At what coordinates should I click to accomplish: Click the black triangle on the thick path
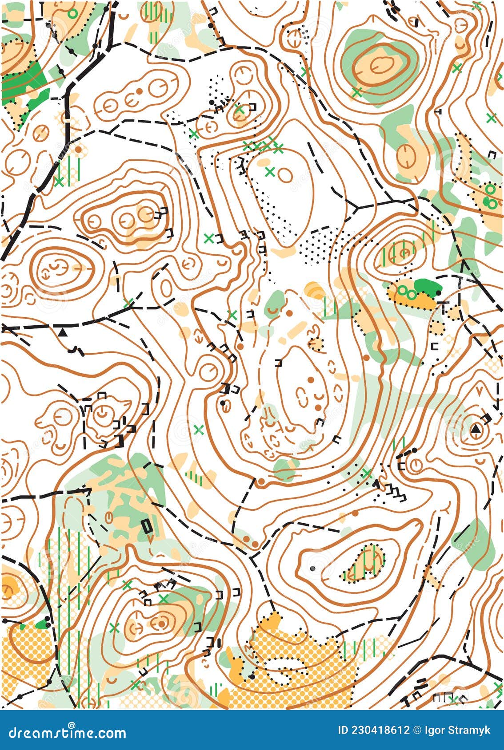63,332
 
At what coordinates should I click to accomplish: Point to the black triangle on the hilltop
476,429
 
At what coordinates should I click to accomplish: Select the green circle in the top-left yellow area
72,14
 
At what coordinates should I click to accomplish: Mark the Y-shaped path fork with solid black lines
356,207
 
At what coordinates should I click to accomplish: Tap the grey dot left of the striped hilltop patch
313,568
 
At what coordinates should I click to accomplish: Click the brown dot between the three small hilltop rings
139,91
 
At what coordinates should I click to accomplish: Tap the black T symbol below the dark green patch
443,305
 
